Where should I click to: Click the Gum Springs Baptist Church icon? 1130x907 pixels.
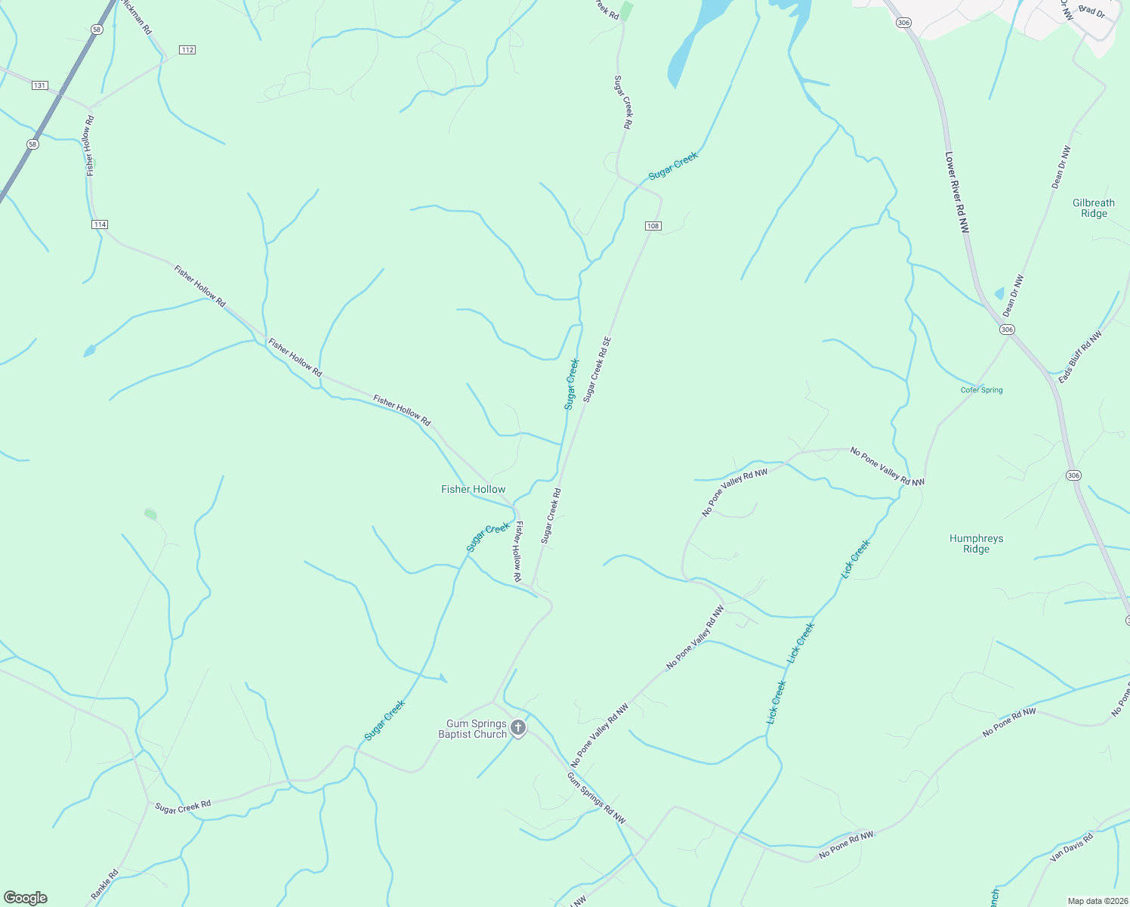[x=517, y=728]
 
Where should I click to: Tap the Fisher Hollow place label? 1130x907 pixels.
[x=474, y=489]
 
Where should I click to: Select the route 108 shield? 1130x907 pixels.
[x=653, y=226]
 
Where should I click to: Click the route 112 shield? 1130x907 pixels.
[x=187, y=50]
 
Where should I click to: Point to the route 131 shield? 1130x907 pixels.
[x=40, y=85]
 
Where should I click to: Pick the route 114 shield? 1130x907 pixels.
[x=100, y=224]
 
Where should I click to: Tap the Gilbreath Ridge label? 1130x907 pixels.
[x=1094, y=208]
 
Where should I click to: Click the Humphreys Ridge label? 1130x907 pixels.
[x=976, y=543]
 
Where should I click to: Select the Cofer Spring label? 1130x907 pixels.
[x=981, y=390]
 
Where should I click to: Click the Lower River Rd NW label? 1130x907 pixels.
[x=956, y=192]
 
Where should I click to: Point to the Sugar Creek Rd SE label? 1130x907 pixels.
[x=597, y=369]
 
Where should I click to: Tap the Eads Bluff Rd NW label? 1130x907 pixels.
[x=1080, y=356]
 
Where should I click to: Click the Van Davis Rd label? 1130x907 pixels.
[x=1071, y=848]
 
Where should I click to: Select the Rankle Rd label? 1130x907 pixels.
[x=105, y=885]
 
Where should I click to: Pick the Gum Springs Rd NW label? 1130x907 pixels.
[x=597, y=797]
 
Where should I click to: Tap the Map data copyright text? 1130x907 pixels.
[x=1096, y=901]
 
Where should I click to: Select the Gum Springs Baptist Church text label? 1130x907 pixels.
[x=473, y=729]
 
